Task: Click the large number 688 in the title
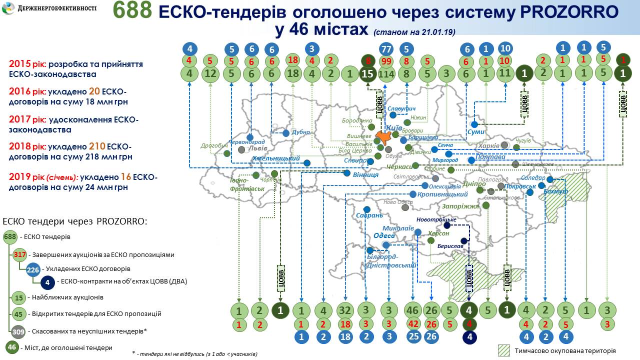[x=132, y=11]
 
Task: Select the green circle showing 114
[x=386, y=74]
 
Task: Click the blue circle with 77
[x=386, y=49]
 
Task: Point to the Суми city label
[x=475, y=132]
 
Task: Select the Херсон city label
[x=438, y=233]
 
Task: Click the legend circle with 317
[x=20, y=254]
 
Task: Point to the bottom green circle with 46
[x=413, y=310]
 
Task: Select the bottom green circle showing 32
[x=345, y=310]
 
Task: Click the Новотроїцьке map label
[x=436, y=219]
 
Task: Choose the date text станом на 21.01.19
[x=413, y=32]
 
